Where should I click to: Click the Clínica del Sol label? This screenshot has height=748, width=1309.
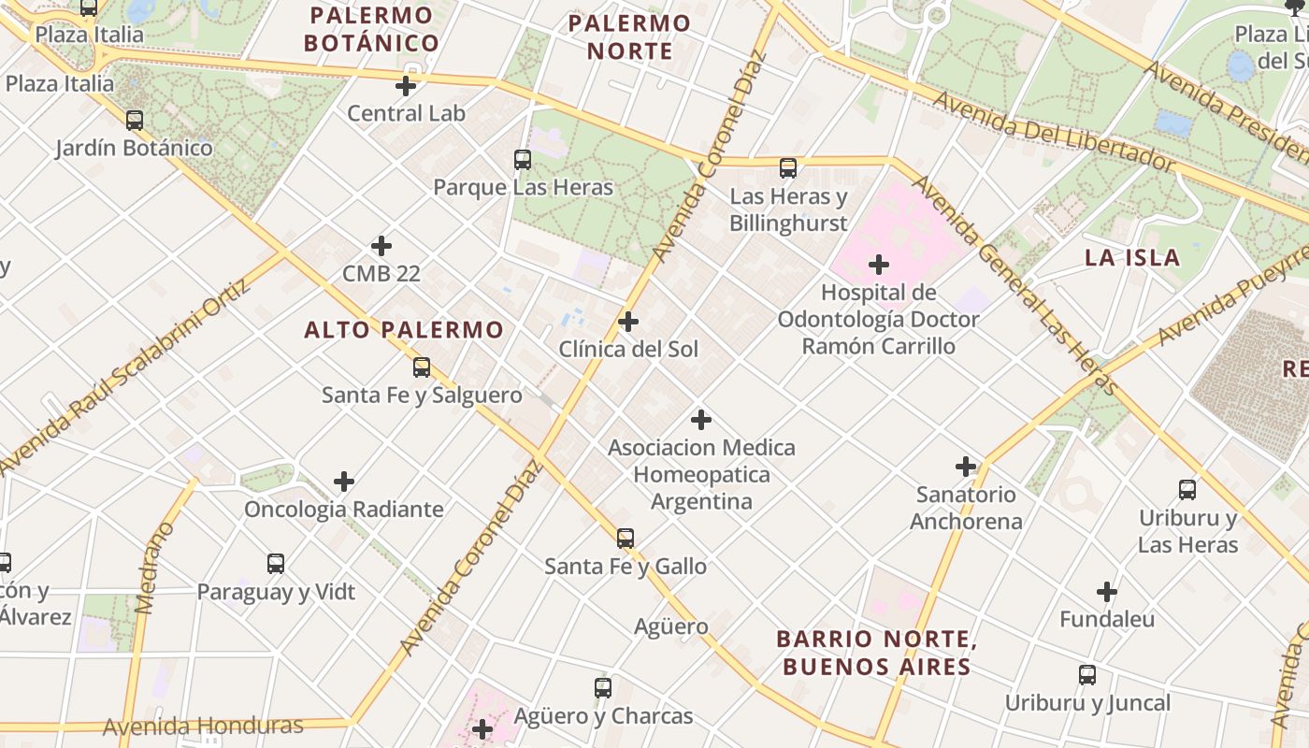[x=628, y=350]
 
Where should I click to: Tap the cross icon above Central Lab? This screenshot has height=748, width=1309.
[x=406, y=86]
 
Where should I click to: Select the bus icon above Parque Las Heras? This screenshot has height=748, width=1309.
[x=523, y=160]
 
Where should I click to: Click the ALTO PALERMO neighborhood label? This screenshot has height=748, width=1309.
[x=404, y=330]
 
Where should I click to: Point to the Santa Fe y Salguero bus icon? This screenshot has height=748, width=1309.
[x=422, y=367]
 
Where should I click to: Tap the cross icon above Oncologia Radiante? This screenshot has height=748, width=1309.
[x=344, y=482]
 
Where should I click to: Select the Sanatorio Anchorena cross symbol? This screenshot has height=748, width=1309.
[x=966, y=466]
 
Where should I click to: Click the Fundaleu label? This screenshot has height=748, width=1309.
[x=1107, y=619]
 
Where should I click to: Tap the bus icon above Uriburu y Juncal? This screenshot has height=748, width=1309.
[x=1087, y=674]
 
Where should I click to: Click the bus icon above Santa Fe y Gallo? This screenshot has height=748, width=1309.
[x=626, y=539]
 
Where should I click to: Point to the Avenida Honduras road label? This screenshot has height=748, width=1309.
[x=203, y=726]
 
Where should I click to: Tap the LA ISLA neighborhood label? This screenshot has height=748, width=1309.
[x=1131, y=258]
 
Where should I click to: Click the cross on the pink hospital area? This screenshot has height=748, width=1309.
[x=879, y=265]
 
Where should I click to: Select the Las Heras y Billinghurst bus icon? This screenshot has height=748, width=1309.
[x=788, y=168]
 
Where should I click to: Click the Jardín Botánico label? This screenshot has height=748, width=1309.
[x=134, y=148]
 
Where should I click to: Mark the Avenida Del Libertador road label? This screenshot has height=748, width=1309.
[x=1053, y=131]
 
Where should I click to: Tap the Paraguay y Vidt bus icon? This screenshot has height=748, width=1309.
[x=276, y=564]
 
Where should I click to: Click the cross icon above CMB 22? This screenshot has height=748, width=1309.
[x=381, y=246]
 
